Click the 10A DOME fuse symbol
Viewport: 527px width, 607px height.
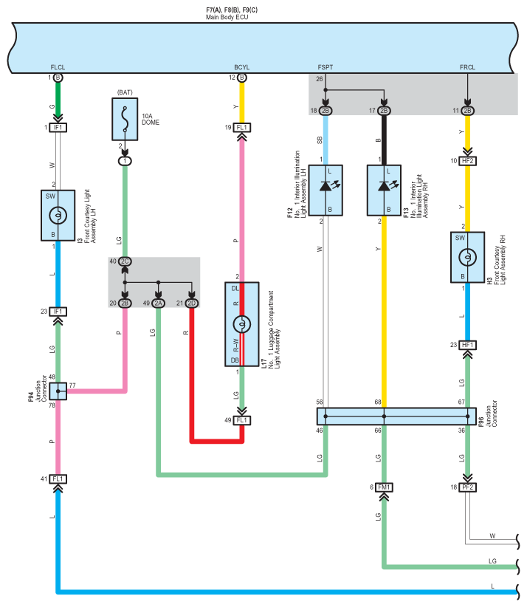125,119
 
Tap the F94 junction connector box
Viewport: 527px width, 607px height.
58,391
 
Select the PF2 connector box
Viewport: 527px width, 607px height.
467,487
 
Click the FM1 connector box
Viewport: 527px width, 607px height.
384,487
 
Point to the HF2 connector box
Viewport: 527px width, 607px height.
467,161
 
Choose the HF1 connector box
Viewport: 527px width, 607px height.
467,345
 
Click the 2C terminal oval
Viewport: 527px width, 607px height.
125,261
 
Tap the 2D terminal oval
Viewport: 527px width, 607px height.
191,303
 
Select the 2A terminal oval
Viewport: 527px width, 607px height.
158,303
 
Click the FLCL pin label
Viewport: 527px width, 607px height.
58,67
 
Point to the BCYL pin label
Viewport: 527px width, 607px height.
242,67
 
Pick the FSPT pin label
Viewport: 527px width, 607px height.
325,67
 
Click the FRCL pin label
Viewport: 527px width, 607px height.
467,67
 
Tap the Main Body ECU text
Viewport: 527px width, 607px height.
227,17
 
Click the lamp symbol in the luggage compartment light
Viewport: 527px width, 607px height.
242,324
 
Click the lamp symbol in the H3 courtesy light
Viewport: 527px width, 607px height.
467,257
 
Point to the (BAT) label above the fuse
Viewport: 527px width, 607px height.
125,92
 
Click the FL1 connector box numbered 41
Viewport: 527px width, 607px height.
58,479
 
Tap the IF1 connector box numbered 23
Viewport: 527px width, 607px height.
58,312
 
